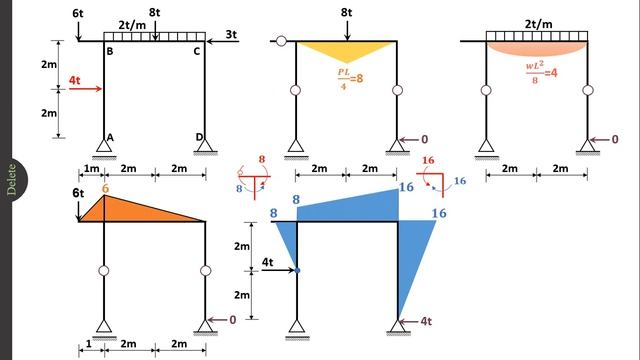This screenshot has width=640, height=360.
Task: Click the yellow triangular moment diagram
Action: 347,50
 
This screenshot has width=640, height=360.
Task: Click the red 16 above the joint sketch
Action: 428,159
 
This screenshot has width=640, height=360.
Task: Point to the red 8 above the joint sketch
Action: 263,159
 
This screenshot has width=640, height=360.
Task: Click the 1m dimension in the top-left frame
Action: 90,169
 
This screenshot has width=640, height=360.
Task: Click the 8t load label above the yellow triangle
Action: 346,13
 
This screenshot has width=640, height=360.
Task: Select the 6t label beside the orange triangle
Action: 79,192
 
